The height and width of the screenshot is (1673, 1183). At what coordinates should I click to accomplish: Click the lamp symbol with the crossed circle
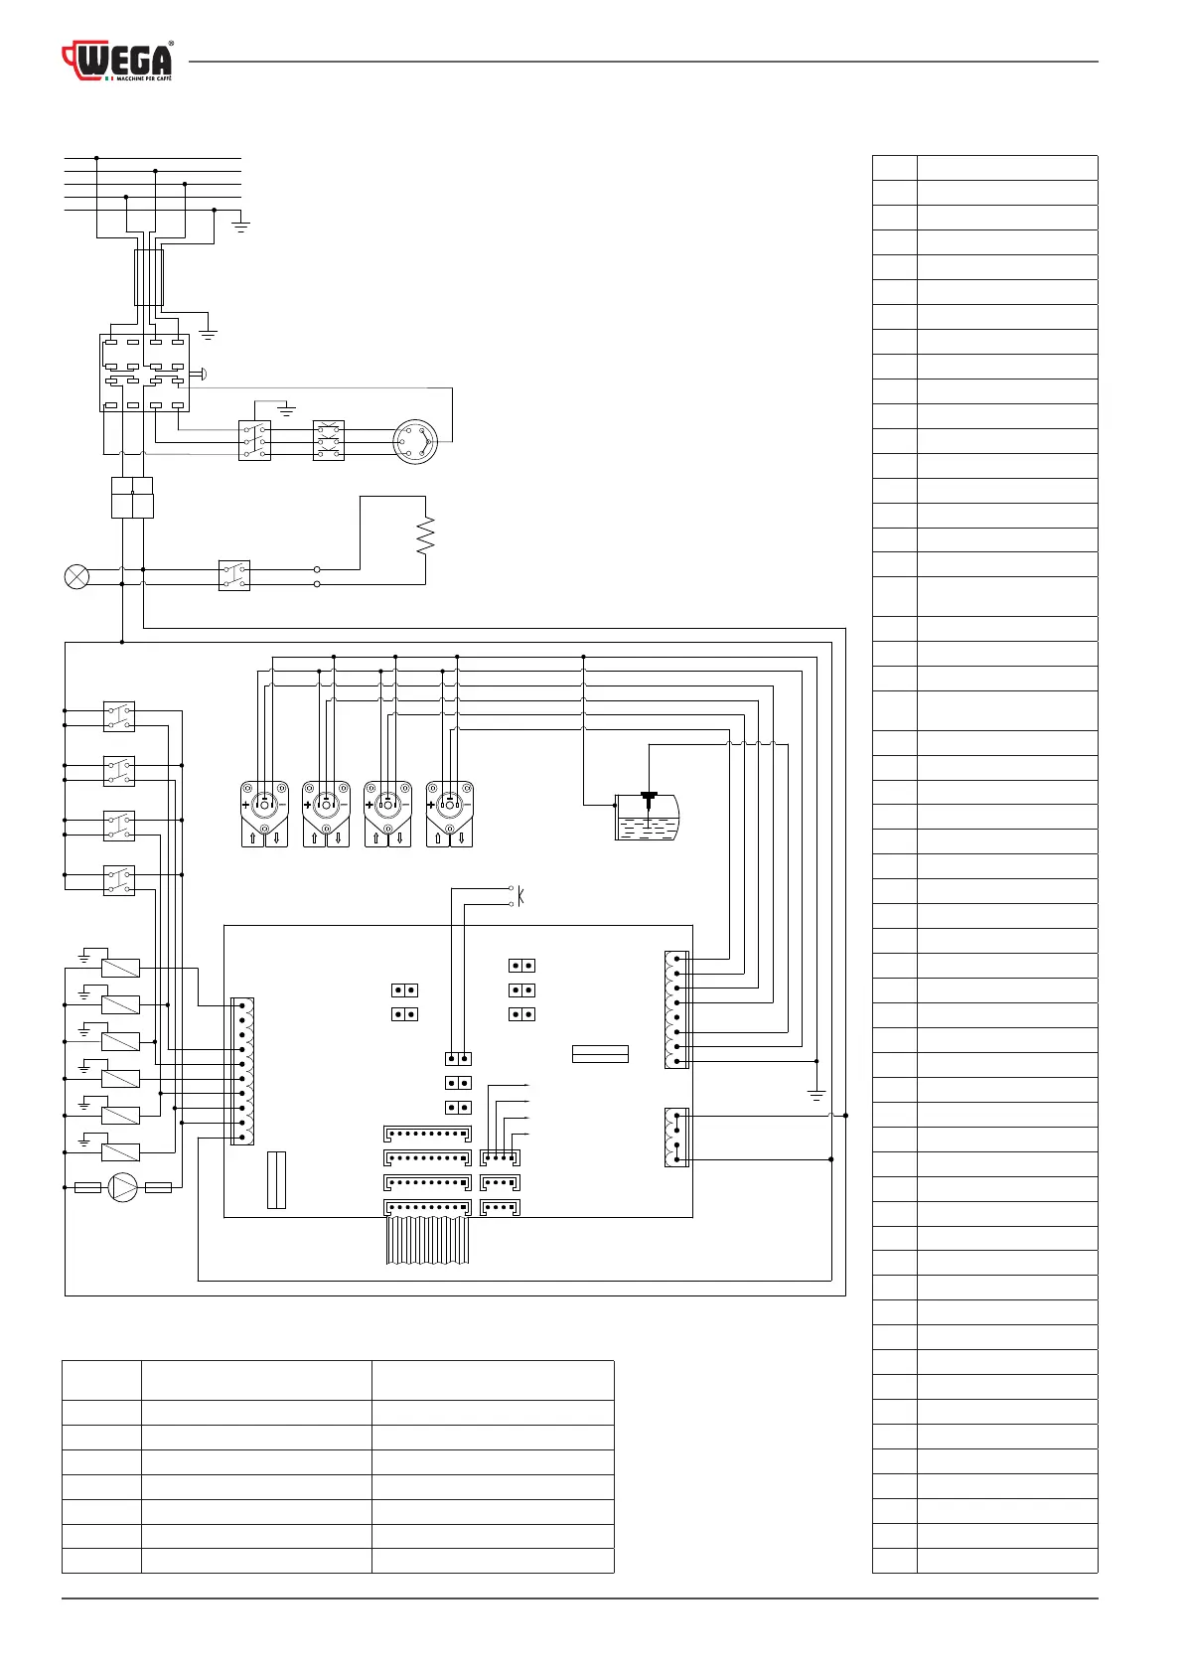coord(76,576)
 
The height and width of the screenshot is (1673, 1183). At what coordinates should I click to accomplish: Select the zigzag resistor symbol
coord(426,535)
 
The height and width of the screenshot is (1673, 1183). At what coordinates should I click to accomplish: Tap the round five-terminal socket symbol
coord(414,441)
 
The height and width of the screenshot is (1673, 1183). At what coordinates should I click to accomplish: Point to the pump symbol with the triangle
coord(123,1187)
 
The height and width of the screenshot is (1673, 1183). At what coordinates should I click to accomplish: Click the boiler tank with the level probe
coord(647,818)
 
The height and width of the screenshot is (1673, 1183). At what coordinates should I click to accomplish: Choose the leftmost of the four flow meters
coord(264,814)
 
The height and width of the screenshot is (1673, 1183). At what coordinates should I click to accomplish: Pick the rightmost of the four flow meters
coord(450,814)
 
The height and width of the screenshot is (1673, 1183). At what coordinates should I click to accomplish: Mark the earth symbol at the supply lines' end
coord(240,226)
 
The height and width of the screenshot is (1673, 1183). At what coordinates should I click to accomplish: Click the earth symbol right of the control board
coord(816,1095)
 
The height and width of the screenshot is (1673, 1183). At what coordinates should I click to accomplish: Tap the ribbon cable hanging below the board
coord(426,1242)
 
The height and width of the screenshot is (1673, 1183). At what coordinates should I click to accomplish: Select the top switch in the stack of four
coord(119,717)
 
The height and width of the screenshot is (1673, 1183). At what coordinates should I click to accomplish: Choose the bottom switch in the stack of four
coord(119,880)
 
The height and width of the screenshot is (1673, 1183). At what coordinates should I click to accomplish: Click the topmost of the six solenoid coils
coord(121,968)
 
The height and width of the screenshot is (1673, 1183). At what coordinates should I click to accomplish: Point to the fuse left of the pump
coord(87,1187)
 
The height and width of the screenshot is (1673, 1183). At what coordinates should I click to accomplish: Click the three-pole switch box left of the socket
coord(254,441)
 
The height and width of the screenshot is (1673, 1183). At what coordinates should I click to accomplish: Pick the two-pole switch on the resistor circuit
coord(233,576)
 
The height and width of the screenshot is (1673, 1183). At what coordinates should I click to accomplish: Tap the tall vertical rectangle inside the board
coord(276,1180)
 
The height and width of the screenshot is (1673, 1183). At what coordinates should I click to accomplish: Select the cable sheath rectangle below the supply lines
coord(148,277)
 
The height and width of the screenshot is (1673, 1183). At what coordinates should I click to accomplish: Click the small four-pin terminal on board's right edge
coord(676,1137)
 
